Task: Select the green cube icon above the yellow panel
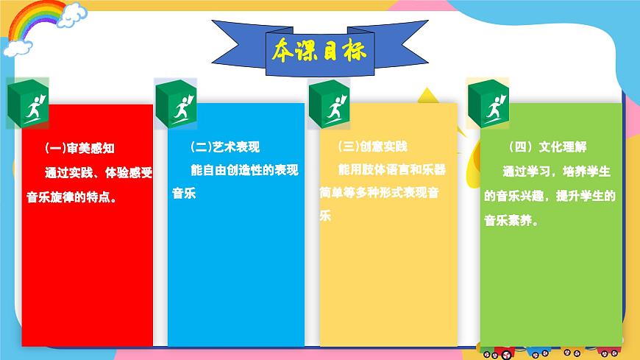(329, 104)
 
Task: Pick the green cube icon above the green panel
(488, 102)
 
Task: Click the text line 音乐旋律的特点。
(81, 197)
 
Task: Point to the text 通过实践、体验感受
(98, 174)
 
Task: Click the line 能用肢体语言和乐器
(391, 170)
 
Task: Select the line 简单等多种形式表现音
(380, 193)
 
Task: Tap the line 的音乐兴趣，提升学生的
(550, 196)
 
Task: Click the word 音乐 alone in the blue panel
(184, 194)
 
